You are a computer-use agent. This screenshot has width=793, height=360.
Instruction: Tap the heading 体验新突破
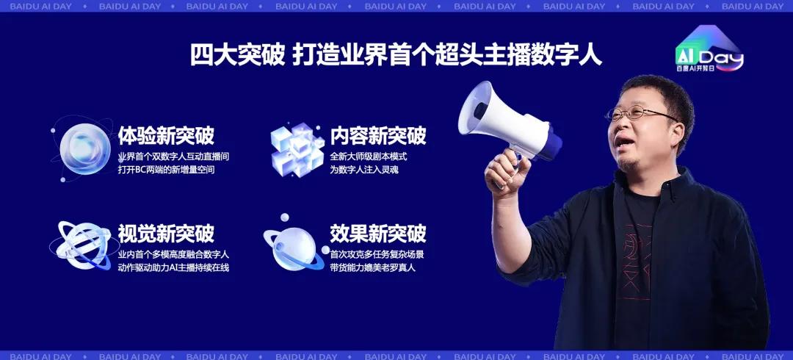click(166, 136)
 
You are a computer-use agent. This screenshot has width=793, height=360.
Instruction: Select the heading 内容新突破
click(378, 136)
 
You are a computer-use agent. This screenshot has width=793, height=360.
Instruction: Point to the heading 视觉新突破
click(166, 234)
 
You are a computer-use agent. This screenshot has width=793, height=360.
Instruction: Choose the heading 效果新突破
click(378, 234)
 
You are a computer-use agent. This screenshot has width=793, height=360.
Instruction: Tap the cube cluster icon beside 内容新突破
click(297, 149)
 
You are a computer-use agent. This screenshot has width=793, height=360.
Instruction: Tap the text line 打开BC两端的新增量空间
click(167, 170)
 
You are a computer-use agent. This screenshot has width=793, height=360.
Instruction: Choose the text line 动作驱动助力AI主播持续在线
click(173, 267)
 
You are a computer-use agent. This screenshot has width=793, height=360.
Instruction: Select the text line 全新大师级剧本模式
click(369, 156)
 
